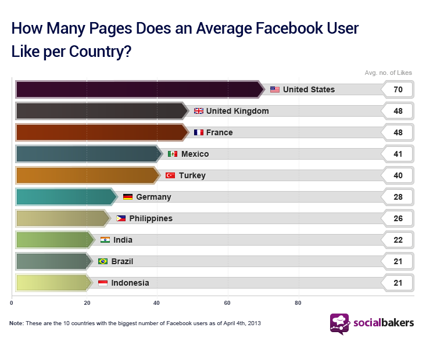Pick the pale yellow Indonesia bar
52,283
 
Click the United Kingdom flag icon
199,111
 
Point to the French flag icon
199,132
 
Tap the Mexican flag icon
173,154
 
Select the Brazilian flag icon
103,261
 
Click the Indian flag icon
105,240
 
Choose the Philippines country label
151,218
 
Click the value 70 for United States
398,89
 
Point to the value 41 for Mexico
398,154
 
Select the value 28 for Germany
398,197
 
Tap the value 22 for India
398,240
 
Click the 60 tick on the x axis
228,303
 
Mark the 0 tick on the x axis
12,303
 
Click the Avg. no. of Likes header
388,73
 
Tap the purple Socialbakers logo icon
339,324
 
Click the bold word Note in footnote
16,323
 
